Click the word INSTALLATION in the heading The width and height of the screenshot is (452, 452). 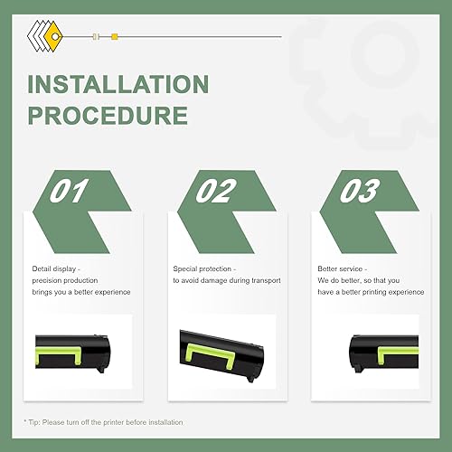coord(118,85)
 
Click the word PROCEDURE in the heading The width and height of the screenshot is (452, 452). coord(108,116)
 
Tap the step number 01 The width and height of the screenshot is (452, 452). coord(71,192)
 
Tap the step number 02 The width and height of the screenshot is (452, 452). coord(215,192)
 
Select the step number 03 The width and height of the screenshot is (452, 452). coord(360,192)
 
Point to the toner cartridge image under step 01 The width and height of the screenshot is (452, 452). coord(82,347)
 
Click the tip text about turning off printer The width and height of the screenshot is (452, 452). coord(103,422)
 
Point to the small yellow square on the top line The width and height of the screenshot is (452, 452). coord(115,37)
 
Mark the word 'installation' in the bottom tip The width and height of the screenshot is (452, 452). coord(164,422)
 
